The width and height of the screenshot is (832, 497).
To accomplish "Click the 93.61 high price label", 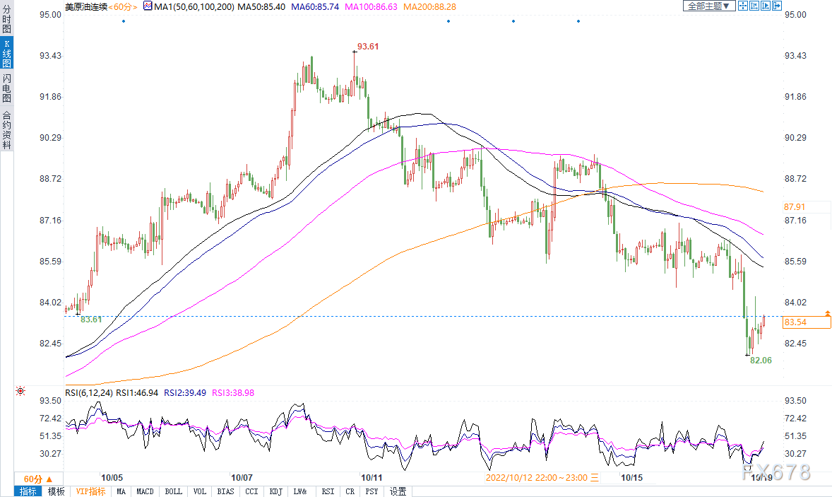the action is click(x=368, y=47).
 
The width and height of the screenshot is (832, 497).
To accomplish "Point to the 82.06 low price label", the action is click(x=761, y=361).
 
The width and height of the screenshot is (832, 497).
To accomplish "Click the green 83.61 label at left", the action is click(x=90, y=320).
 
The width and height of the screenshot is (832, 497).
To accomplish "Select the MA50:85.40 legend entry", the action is click(x=261, y=7).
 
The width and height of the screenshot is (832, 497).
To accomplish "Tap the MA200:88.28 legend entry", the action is click(x=429, y=7).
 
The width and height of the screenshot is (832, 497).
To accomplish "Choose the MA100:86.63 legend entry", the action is click(x=371, y=7).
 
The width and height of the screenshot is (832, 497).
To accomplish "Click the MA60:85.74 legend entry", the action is click(x=315, y=7).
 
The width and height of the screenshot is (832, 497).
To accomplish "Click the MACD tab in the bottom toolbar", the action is click(x=145, y=491).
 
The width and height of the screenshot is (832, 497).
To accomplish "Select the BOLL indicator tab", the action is click(x=174, y=491).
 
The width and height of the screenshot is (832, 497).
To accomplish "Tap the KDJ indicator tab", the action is click(x=276, y=491).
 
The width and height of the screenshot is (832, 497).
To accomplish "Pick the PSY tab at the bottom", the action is click(x=372, y=491).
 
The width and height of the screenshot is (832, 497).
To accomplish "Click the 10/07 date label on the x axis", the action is click(x=242, y=477).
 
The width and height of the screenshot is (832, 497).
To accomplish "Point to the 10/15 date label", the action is click(x=631, y=477).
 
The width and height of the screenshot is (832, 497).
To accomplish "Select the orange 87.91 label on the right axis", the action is click(x=795, y=207).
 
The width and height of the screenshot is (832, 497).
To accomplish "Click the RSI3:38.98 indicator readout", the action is click(x=233, y=393).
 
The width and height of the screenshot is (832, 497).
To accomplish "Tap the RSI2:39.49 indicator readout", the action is click(x=185, y=393).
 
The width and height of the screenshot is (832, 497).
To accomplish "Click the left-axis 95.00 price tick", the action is click(x=50, y=15).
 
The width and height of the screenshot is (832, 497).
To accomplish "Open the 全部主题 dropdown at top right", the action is click(x=708, y=6).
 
